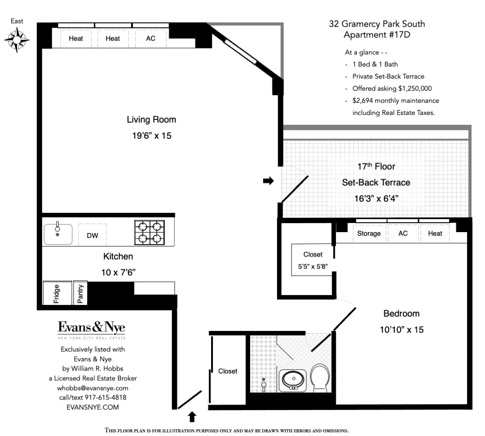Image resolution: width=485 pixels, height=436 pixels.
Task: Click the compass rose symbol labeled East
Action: tap(17, 40)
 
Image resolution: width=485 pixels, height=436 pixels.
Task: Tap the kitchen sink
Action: tap(57, 233)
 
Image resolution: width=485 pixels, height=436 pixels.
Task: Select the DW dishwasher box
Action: tap(93, 235)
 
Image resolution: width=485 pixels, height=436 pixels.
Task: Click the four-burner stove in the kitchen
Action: tap(150, 232)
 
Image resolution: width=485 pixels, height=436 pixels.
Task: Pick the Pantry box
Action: tap(80, 293)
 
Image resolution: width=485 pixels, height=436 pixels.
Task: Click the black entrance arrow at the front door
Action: tap(192, 417)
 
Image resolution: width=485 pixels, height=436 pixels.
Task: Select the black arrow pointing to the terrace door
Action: tap(268, 181)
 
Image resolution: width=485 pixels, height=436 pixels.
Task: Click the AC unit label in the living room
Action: tap(151, 39)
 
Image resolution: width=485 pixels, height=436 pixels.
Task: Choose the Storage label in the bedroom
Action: tap(369, 233)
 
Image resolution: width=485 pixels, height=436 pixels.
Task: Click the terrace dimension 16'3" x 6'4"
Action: tap(376, 198)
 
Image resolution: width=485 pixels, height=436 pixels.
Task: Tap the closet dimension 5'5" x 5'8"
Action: tap(313, 266)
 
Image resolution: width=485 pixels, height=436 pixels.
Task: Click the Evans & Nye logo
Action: tap(91, 329)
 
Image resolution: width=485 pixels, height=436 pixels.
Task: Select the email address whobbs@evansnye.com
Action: tap(93, 388)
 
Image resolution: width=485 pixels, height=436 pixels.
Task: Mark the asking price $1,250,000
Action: tap(412, 88)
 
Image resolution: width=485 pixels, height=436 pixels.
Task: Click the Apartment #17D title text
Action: tap(377, 35)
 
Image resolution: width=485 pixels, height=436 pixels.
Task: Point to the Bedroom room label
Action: tap(401, 313)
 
